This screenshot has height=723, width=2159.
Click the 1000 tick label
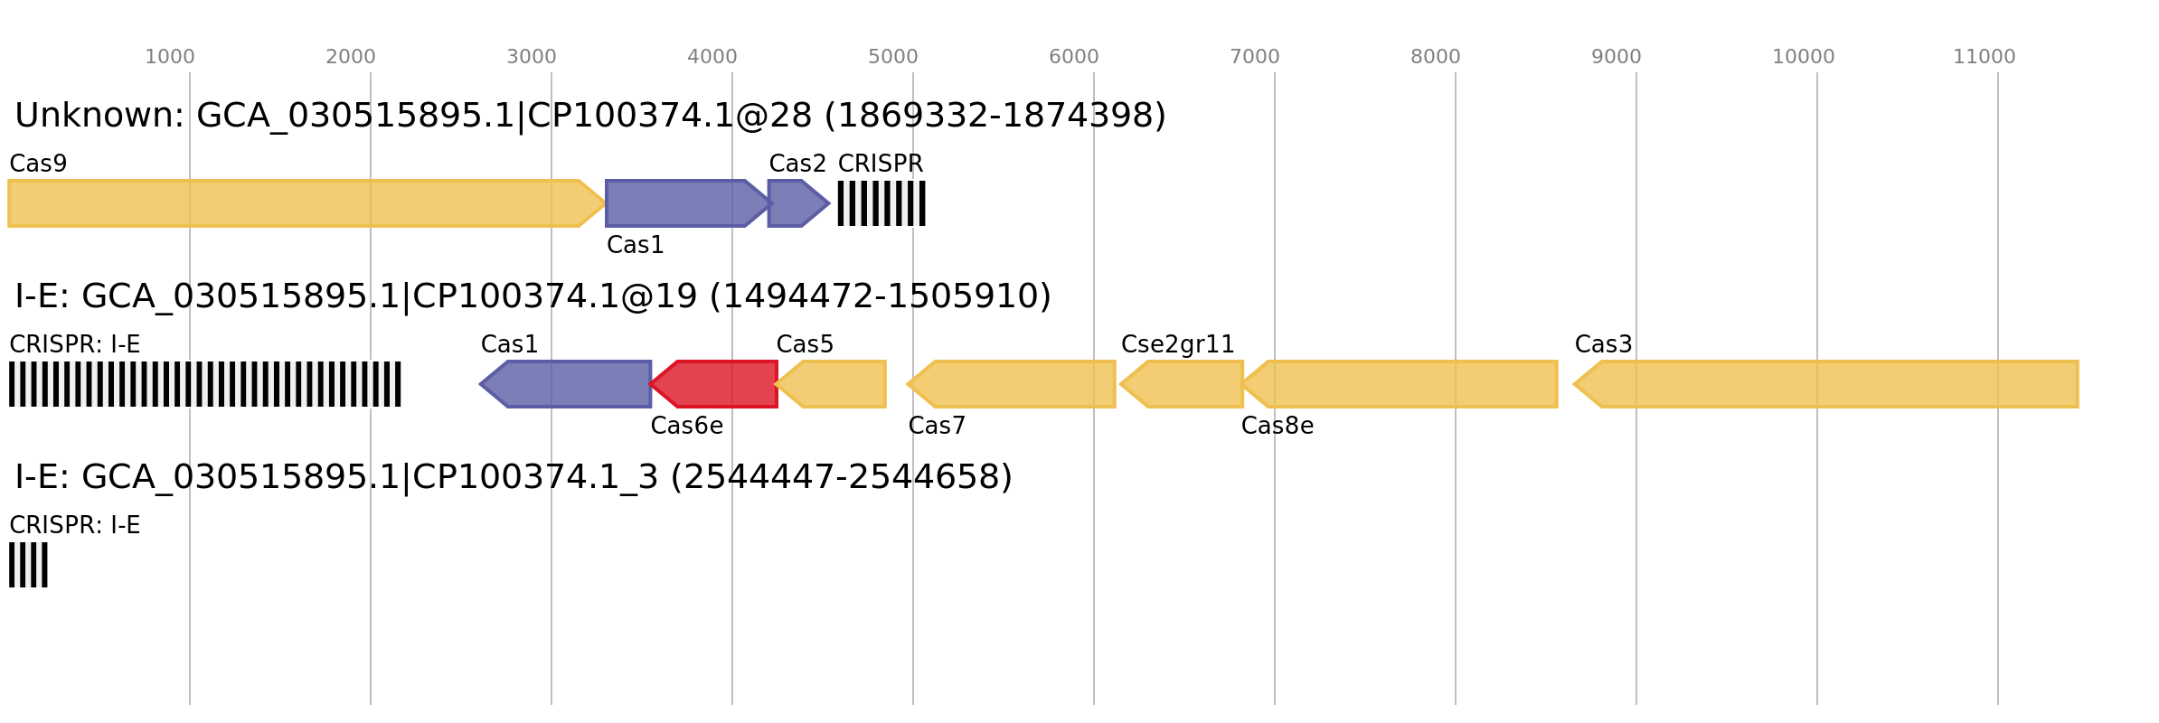tap(169, 57)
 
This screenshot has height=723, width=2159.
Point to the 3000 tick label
tap(531, 57)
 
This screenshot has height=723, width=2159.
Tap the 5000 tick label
tap(892, 57)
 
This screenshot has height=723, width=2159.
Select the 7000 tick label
tap(1254, 57)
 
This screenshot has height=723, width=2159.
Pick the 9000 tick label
tap(1616, 57)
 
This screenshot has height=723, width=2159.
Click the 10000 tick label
tap(1803, 57)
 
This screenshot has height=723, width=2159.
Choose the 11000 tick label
tap(1984, 57)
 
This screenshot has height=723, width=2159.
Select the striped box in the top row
tap(882, 203)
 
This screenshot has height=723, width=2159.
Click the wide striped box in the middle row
tap(205, 384)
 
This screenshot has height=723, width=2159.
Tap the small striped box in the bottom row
tap(28, 565)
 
